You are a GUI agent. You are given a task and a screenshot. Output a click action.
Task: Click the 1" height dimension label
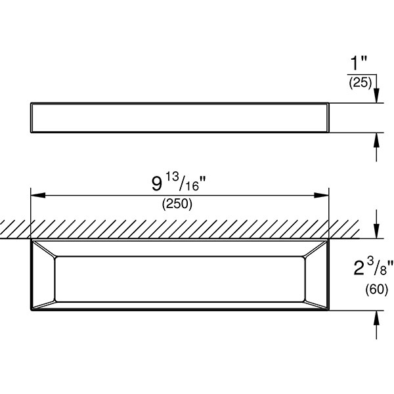click(359, 63)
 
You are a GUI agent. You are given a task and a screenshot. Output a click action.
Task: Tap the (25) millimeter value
click(360, 83)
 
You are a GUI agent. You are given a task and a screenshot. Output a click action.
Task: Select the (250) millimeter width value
click(177, 204)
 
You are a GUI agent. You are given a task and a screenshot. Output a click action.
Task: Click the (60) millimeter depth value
click(376, 289)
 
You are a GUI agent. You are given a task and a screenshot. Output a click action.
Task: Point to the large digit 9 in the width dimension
click(157, 183)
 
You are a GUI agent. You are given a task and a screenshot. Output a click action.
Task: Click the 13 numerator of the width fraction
click(172, 178)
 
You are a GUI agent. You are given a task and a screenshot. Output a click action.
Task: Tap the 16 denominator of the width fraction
click(192, 186)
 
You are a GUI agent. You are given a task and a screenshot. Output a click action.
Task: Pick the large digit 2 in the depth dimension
click(359, 269)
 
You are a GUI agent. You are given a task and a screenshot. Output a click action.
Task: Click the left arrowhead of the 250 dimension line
click(37, 195)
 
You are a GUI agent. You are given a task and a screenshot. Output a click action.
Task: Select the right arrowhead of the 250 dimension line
click(321, 195)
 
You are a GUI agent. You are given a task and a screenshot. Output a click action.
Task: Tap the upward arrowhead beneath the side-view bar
click(376, 140)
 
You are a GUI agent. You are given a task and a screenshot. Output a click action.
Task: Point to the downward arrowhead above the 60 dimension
click(376, 231)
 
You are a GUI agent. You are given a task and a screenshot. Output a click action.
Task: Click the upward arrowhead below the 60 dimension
click(376, 318)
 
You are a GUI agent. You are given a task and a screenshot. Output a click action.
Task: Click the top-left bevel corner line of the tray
click(44, 249)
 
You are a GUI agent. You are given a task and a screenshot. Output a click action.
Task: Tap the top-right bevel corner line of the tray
click(315, 249)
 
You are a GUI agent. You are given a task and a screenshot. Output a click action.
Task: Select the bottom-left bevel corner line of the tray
click(44, 304)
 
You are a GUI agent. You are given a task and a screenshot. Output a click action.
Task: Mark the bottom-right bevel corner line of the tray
click(315, 304)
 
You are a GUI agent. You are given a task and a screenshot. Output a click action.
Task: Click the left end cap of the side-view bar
click(32, 118)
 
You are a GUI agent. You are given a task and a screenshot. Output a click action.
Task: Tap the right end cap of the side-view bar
click(328, 118)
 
